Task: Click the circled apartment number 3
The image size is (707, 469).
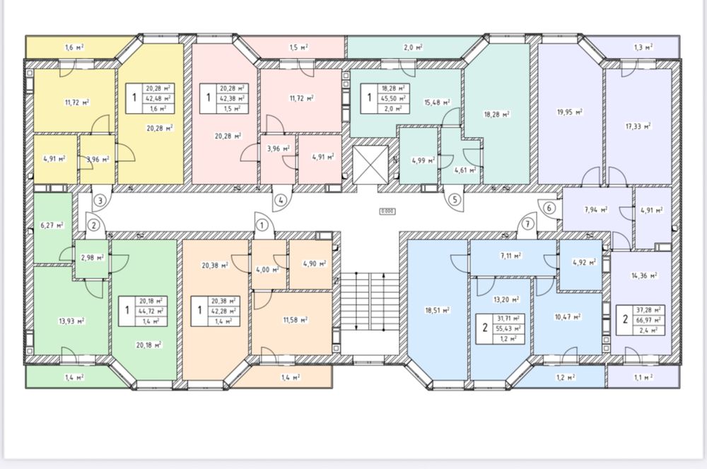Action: tap(100, 200)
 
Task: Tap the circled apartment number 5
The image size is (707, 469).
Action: tap(455, 200)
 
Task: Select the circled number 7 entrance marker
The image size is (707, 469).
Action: tap(528, 224)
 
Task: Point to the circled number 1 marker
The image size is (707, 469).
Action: tap(262, 225)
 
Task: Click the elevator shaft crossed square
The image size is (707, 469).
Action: tap(370, 165)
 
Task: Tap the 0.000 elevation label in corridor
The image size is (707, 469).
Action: tap(387, 211)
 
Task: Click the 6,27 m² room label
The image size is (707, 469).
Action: tap(52, 225)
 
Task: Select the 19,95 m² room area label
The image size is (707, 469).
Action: tap(571, 112)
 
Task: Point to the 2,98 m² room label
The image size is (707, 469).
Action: tap(93, 257)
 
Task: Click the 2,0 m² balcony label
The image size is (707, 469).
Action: tap(413, 47)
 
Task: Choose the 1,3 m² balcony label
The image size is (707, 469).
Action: tap(643, 47)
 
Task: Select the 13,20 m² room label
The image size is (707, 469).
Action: tap(506, 299)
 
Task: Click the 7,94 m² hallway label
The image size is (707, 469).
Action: tap(595, 210)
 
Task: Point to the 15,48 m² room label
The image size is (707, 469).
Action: tap(437, 102)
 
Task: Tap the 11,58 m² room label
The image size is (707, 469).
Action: tap(296, 320)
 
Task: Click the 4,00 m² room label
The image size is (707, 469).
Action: tap(267, 269)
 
